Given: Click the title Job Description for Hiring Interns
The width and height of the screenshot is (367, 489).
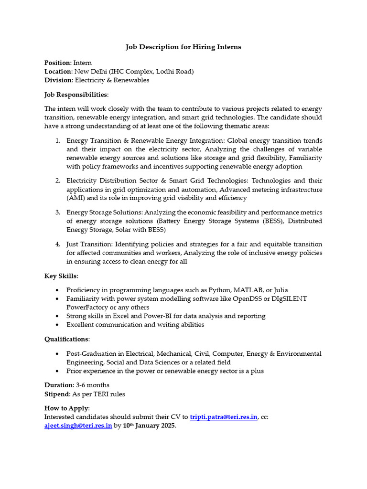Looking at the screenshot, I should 183,47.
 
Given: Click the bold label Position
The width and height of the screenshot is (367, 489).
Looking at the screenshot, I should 57,63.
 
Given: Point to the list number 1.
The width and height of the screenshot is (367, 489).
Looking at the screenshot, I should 57,141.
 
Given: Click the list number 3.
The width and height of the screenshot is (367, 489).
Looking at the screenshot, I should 57,213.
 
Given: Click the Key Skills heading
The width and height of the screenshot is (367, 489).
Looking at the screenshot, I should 61,276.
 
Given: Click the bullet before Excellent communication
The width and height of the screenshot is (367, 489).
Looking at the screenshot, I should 57,325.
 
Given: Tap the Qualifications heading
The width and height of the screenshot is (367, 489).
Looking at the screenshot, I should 67,339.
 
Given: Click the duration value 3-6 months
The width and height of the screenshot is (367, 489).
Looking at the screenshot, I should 93,385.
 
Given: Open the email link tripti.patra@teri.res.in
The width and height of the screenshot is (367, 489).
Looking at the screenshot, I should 224,417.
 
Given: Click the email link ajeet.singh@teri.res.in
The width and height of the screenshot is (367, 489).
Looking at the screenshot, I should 78,425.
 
